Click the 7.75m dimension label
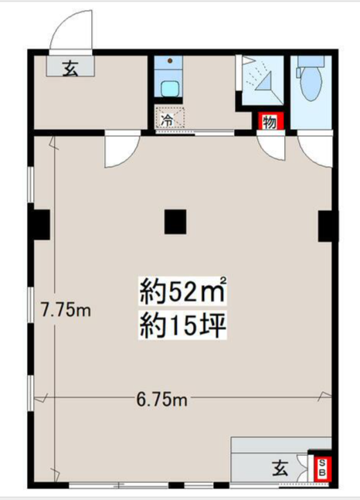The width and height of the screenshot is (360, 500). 66,310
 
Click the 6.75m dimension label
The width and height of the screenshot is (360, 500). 161,400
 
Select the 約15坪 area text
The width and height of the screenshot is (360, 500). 183,325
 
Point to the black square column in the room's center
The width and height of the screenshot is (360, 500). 175,222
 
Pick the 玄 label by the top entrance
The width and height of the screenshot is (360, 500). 70,68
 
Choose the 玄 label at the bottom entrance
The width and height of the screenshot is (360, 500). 280,468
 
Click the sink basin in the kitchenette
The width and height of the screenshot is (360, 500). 169,89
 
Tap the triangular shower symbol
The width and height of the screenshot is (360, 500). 263,82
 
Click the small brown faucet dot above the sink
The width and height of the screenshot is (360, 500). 170,60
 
